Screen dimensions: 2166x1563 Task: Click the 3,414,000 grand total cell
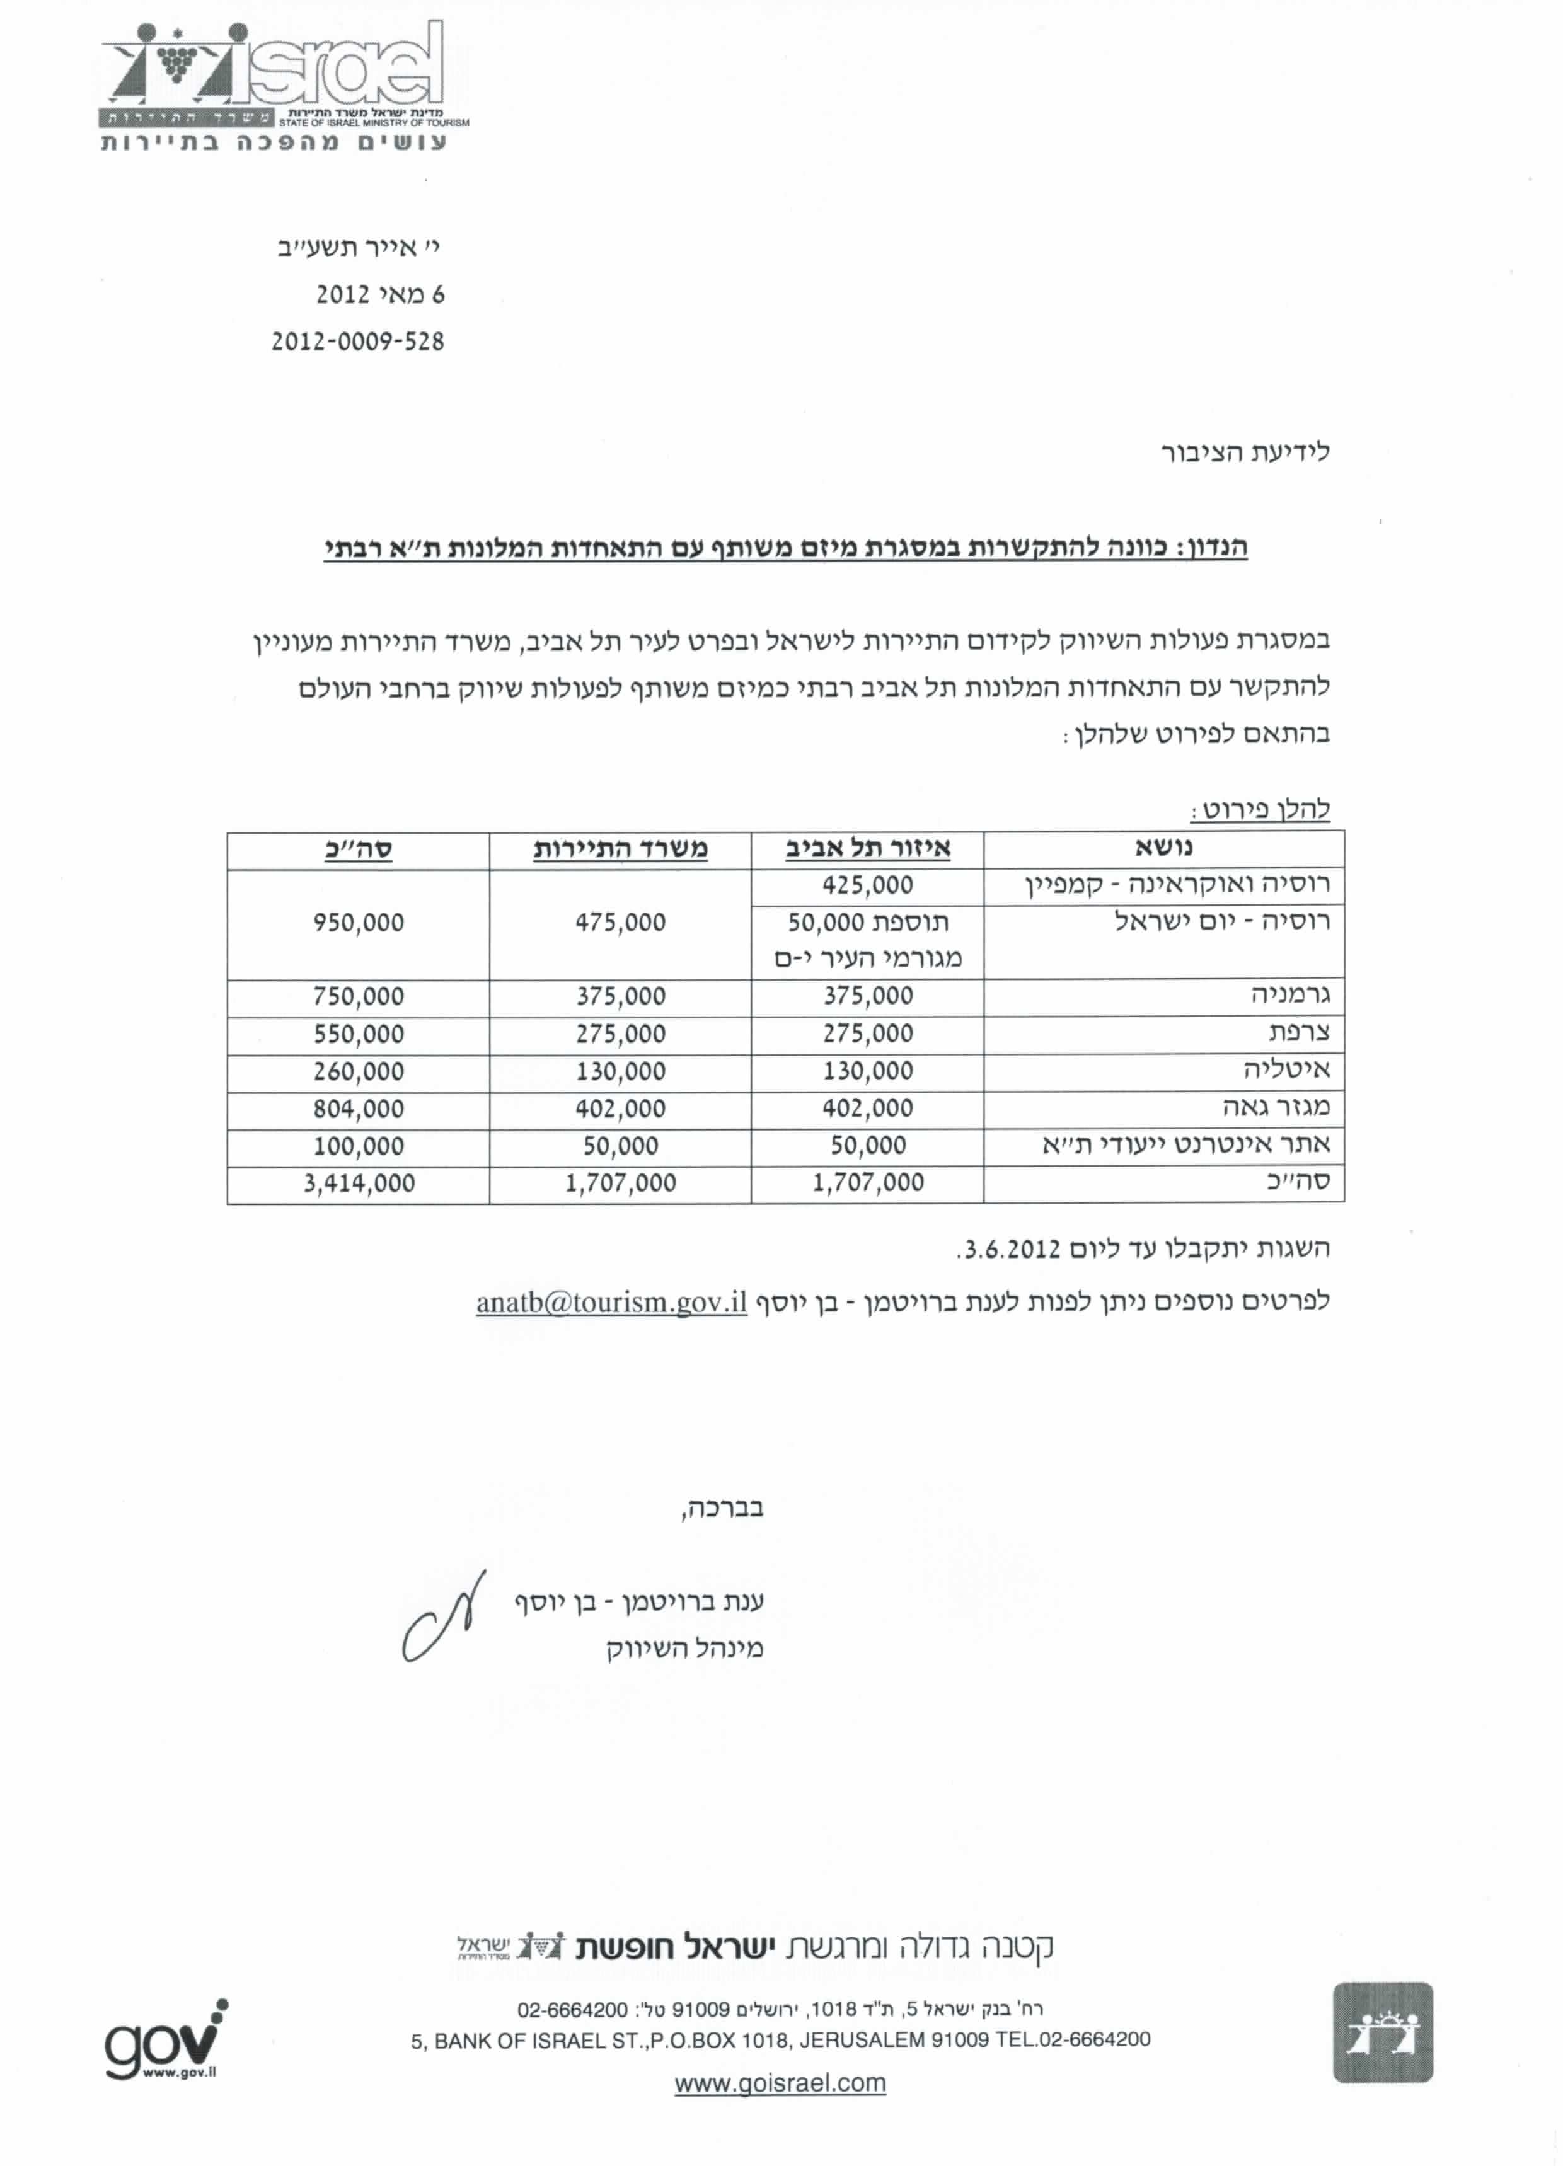tap(359, 1184)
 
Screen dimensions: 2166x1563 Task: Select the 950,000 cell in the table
tap(359, 923)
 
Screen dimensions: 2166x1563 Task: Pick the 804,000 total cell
tap(359, 1109)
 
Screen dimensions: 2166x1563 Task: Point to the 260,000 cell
tap(359, 1071)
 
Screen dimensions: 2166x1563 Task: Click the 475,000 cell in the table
tap(620, 923)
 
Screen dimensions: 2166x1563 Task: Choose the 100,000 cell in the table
tap(359, 1146)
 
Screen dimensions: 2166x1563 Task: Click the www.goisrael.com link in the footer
tap(780, 2083)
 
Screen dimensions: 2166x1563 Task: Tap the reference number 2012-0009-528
tap(358, 342)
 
